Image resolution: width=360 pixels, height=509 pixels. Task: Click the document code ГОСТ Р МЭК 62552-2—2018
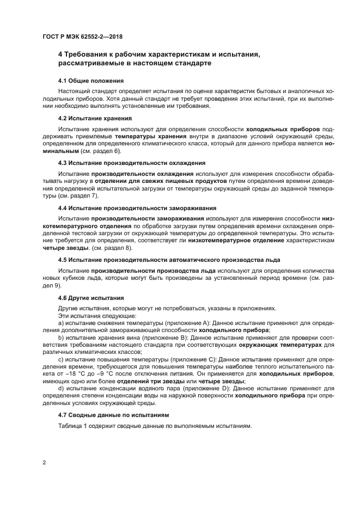[82, 36]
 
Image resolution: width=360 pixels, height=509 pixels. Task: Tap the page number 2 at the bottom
[44, 463]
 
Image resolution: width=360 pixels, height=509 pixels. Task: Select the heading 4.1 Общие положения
[87, 80]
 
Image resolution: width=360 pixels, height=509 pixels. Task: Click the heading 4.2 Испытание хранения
[94, 118]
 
